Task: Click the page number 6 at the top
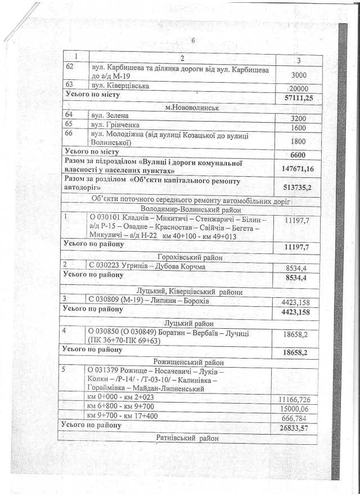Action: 192,41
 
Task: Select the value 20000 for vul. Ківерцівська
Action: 298,89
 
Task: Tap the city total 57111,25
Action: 299,99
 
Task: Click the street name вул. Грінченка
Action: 115,124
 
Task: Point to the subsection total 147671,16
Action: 298,168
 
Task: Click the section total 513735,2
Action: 299,186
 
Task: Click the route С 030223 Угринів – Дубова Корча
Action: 146,266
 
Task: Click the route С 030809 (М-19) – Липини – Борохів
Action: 149,301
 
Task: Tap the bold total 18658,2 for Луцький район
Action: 299,352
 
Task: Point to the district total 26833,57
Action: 298,428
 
